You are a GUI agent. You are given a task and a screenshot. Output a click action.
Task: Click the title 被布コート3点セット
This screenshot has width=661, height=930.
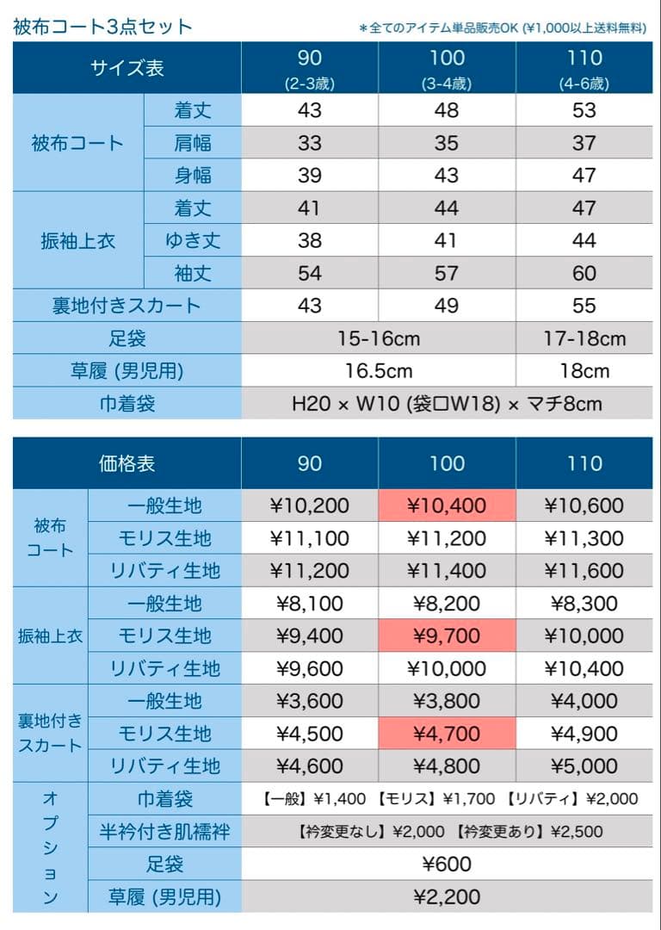102,27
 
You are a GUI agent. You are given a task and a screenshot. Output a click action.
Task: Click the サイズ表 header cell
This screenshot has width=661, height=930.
127,68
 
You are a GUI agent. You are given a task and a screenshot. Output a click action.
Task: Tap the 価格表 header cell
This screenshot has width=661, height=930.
127,463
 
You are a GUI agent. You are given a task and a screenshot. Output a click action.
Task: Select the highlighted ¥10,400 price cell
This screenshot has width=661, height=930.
447,505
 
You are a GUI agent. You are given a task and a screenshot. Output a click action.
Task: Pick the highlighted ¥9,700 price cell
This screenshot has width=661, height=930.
447,636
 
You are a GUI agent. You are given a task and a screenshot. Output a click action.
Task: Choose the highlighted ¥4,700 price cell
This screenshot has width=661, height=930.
447,734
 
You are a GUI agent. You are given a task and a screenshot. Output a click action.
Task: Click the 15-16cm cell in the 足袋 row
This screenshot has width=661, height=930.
379,338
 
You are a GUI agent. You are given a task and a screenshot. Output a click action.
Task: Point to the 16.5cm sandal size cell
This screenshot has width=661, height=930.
379,371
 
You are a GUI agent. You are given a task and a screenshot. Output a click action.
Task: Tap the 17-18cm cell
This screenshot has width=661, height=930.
584,338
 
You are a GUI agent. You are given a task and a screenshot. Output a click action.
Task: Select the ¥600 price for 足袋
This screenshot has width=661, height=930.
447,864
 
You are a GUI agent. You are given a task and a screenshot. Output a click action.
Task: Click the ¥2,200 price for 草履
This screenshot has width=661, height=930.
447,896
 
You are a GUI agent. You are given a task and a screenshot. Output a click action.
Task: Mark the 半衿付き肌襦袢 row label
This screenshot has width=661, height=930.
164,831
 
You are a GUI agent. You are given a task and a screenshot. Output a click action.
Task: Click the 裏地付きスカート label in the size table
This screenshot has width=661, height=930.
127,306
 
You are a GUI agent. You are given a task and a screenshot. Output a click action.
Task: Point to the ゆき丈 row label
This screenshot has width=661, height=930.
192,240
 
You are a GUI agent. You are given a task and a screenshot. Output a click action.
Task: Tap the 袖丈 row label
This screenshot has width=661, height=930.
192,273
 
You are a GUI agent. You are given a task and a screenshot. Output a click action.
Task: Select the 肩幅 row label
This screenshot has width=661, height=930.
192,143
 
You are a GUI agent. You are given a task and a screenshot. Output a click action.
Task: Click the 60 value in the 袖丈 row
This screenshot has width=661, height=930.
584,273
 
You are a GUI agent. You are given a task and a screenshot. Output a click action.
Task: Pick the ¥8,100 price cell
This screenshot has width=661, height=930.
310,604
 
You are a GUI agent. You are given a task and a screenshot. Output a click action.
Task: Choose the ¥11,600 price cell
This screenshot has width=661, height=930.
584,571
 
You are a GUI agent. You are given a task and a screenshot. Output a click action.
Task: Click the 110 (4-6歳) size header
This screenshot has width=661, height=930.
584,68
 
